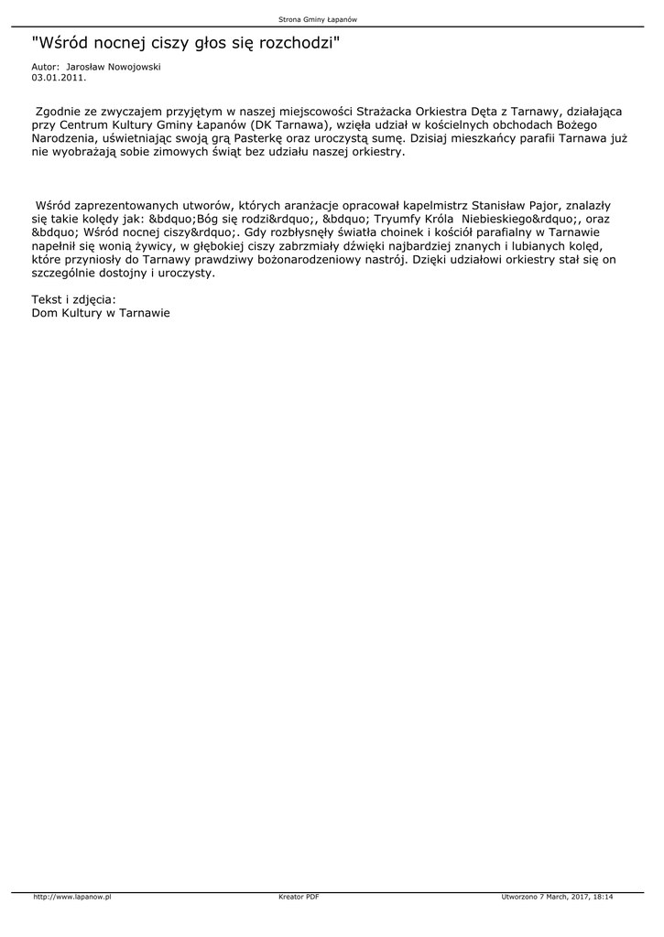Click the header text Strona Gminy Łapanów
317,19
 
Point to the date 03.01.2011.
59,78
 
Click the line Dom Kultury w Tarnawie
101,312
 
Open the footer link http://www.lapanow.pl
71,897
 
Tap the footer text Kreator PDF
299,897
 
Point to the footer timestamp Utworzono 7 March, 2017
546,897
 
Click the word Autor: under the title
45,67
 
